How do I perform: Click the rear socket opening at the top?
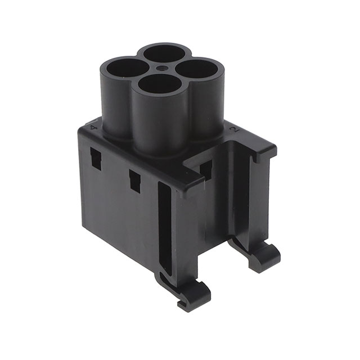[165, 53]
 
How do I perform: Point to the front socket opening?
[160, 84]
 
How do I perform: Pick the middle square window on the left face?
[134, 181]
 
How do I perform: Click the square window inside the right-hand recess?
[206, 169]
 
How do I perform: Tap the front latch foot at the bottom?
[193, 294]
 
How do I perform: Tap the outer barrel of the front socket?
[161, 124]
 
